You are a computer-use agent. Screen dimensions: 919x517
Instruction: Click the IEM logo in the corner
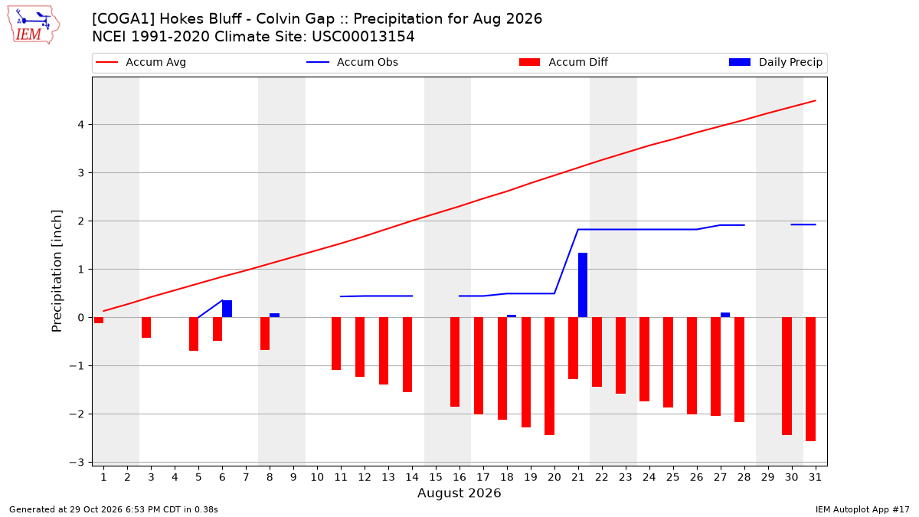33,25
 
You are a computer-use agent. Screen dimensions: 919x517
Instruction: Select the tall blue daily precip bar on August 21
583,285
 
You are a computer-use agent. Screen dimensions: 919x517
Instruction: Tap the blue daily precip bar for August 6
227,309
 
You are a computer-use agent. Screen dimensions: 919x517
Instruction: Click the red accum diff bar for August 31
810,379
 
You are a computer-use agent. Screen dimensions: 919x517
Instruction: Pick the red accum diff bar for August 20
549,376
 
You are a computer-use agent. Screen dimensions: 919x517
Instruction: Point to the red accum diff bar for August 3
146,328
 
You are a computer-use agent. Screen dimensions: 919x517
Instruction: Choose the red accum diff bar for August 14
407,355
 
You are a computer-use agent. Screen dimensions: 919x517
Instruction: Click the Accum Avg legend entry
141,62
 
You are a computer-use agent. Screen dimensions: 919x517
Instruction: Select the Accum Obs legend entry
352,62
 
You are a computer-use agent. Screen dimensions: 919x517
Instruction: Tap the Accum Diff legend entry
564,62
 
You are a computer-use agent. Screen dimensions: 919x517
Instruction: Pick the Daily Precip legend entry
775,62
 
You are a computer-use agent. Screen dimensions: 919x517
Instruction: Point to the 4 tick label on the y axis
81,124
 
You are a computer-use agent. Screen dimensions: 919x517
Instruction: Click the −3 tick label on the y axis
77,463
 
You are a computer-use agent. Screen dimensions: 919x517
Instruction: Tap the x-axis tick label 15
436,477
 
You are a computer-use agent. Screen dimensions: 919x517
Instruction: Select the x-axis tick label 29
767,477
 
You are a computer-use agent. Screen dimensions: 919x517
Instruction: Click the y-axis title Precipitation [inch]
57,271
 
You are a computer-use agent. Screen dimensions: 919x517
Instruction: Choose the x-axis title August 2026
459,492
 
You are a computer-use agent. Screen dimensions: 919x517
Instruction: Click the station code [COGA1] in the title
123,19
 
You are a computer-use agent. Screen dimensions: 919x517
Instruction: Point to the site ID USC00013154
363,37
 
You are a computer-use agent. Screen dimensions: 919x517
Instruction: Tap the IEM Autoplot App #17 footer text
862,509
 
